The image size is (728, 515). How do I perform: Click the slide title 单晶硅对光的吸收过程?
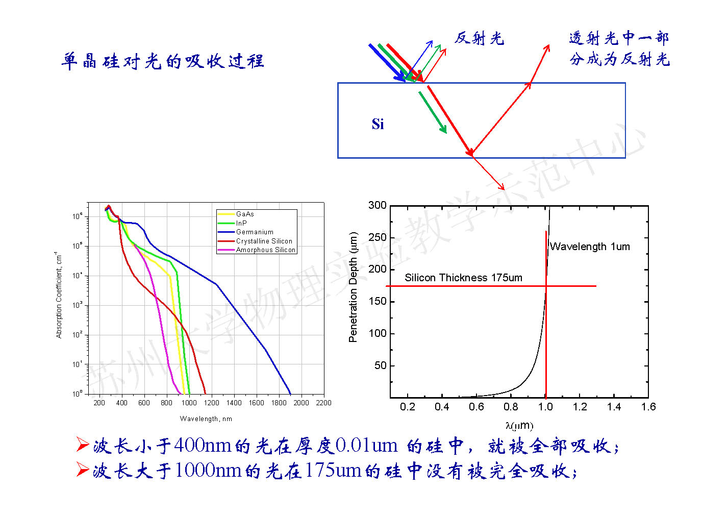[162, 61]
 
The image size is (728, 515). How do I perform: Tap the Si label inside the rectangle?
[378, 124]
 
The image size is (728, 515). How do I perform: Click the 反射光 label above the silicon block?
[479, 38]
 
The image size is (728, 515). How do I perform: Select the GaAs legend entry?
[245, 214]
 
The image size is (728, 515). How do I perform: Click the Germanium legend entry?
[255, 232]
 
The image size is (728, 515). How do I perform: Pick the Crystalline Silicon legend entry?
[264, 241]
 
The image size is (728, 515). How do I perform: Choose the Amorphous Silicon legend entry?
[265, 250]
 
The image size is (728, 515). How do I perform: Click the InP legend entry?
[241, 223]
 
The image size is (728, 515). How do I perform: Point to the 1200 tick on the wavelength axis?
[211, 403]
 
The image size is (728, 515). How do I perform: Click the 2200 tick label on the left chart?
[323, 403]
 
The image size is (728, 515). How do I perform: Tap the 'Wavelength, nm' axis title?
[206, 419]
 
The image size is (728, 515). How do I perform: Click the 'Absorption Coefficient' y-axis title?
[59, 295]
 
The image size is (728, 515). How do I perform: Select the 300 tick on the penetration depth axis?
[378, 205]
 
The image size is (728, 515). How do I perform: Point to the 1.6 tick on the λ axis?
[648, 407]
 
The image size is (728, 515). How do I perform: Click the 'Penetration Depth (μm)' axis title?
[353, 287]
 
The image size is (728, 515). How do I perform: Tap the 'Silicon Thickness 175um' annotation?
[463, 278]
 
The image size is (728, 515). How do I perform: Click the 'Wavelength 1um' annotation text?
[590, 247]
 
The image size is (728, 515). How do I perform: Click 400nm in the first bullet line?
[203, 446]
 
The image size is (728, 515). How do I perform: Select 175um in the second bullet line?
[334, 470]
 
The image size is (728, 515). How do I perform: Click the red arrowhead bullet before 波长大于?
[83, 469]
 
